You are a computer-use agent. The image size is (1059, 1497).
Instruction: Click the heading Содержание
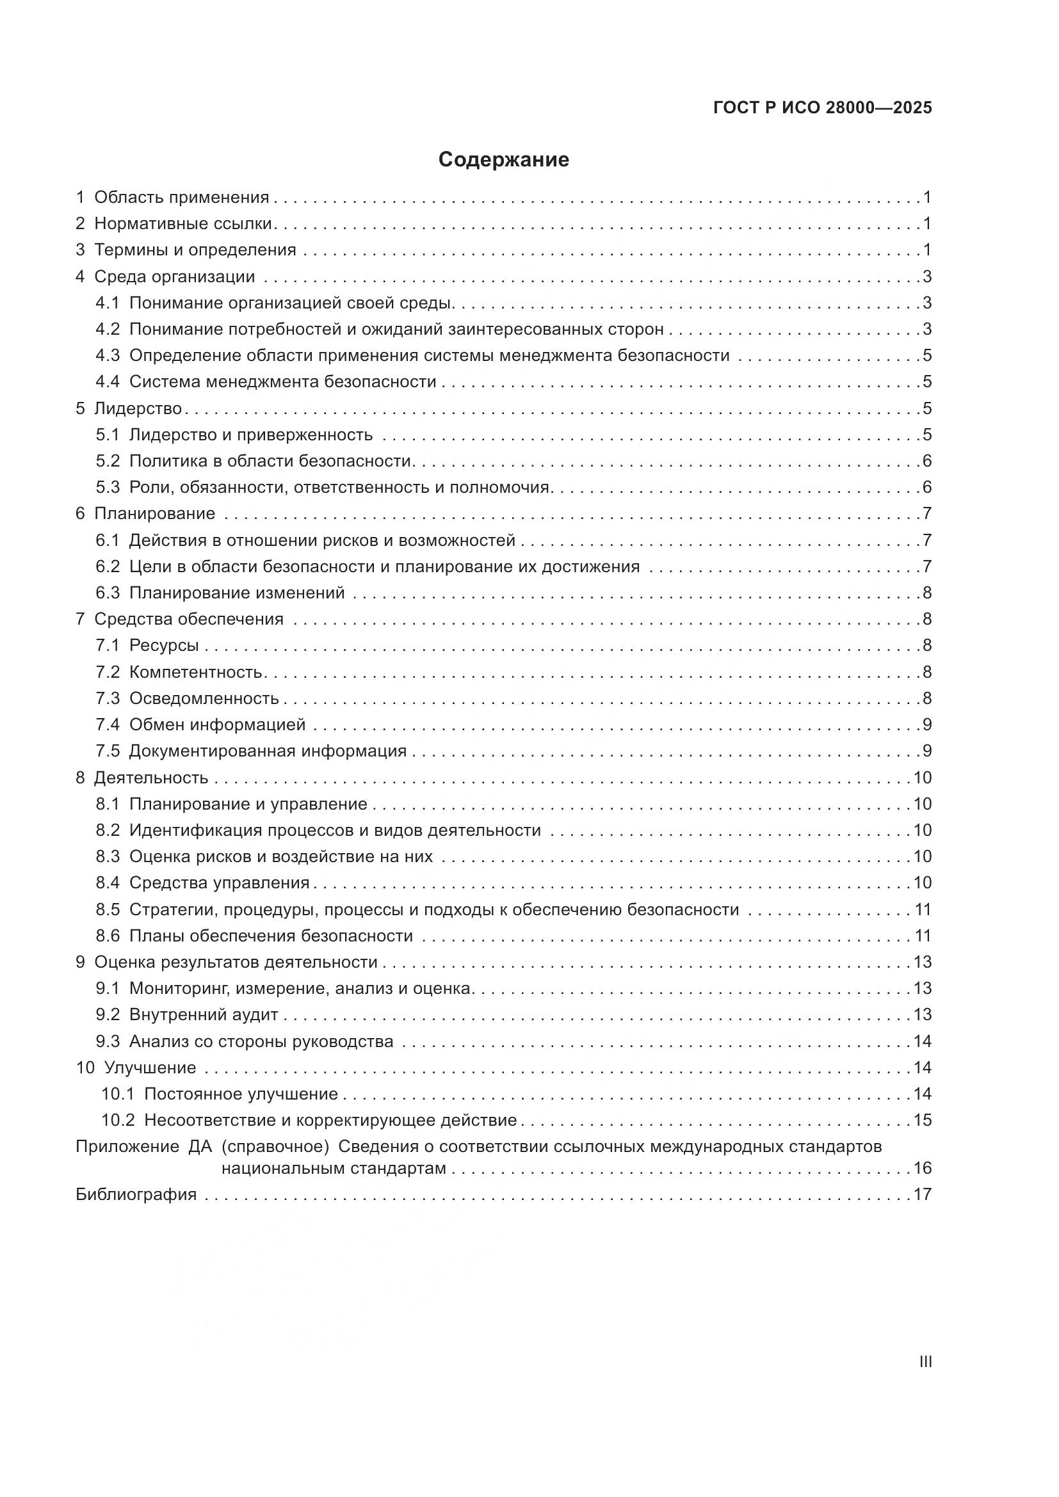503,160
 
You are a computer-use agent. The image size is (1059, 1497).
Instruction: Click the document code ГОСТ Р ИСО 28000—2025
822,108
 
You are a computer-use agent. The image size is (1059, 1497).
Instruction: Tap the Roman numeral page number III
925,1362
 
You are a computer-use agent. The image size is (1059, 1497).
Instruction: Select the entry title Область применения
181,198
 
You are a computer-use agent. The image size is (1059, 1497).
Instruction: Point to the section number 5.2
108,461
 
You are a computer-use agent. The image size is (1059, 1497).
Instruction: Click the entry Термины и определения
195,250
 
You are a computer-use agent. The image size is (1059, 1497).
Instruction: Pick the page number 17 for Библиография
922,1194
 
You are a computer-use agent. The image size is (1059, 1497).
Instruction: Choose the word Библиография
136,1194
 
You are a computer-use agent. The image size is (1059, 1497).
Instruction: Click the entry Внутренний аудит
204,1014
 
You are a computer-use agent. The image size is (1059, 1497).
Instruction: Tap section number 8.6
108,936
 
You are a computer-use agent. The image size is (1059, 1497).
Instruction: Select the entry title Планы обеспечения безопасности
271,936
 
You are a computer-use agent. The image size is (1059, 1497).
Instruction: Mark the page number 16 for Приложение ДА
922,1168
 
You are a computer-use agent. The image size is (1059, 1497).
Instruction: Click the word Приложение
127,1146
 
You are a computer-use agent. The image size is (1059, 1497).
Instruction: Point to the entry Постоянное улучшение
241,1093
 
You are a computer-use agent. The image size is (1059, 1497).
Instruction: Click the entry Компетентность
195,671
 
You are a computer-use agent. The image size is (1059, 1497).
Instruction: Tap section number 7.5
108,751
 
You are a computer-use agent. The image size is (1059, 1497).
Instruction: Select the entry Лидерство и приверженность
250,435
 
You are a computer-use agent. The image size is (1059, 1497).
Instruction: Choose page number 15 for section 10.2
922,1120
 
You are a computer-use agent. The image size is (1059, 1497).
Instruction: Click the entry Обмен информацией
217,724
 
